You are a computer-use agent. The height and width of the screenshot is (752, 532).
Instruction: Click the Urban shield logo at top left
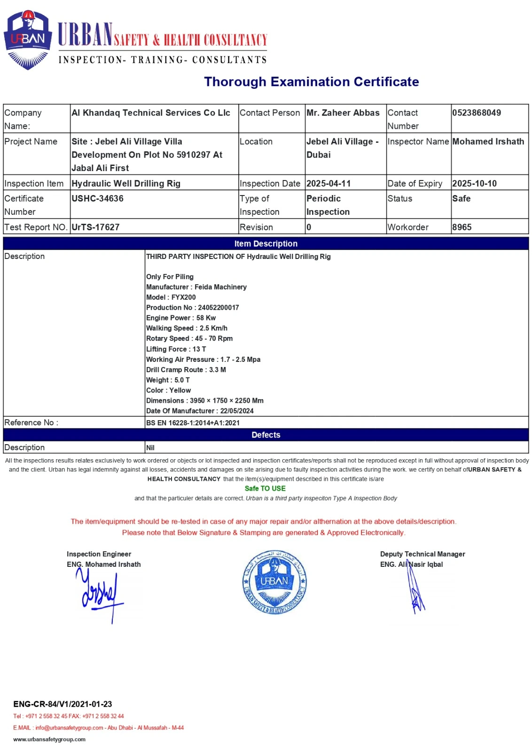tap(27, 40)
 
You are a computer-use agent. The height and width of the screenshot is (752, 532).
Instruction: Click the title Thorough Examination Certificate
tap(311, 82)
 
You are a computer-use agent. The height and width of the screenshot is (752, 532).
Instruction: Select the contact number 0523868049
tap(477, 113)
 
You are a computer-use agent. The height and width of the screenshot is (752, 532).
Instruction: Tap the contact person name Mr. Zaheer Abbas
tap(343, 113)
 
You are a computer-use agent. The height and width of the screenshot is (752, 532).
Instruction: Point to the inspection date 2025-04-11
tap(329, 183)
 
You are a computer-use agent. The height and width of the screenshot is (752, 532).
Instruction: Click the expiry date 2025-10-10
tap(474, 183)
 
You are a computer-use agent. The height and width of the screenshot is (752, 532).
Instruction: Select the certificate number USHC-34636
tap(97, 198)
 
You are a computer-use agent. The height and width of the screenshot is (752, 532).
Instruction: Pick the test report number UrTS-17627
tap(95, 227)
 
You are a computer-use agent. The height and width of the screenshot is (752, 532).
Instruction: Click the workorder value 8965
tap(462, 227)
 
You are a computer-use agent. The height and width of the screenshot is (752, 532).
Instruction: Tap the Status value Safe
tap(461, 198)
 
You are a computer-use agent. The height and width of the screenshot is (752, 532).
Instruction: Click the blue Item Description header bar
tap(266, 243)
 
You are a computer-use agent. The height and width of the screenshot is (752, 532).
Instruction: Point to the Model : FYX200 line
tap(171, 297)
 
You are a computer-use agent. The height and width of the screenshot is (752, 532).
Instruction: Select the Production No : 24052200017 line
tap(192, 307)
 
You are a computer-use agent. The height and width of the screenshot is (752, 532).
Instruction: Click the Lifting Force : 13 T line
tap(176, 349)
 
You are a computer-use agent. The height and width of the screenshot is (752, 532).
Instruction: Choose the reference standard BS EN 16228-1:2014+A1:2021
tap(193, 423)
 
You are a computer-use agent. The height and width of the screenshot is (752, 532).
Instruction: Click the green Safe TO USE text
tap(265, 488)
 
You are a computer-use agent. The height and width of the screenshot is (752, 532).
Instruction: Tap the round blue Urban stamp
tap(274, 582)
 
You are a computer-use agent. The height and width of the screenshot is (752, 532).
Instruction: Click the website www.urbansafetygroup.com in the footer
tap(49, 739)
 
